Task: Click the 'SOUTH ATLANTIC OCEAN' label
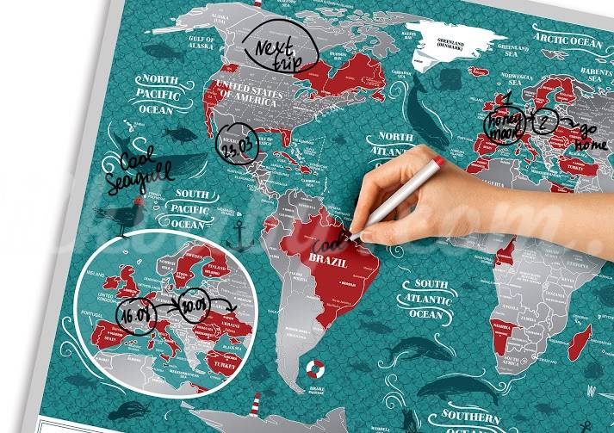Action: point(431,298)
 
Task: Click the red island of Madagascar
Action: point(581,338)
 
